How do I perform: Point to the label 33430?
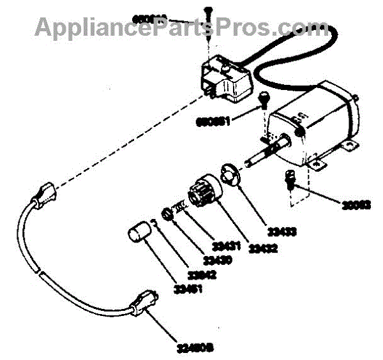coord(218,260)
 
